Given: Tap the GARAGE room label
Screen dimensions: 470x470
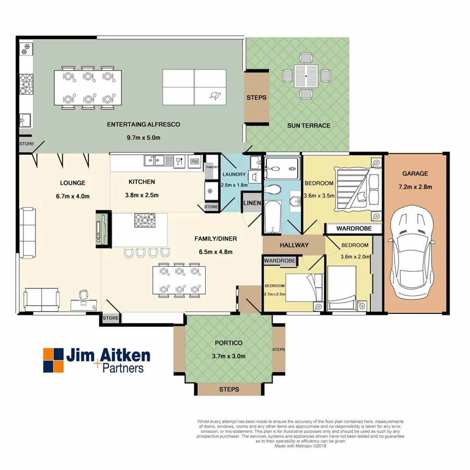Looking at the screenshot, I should pos(415,173).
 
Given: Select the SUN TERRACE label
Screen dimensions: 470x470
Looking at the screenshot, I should pos(309,125).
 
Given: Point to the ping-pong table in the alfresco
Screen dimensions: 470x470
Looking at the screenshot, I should pos(195,87).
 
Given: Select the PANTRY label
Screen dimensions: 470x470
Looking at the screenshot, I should pos(212,167).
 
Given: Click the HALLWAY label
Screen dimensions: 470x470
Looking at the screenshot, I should pos(294,245).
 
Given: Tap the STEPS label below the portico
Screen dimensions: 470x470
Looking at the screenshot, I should pos(229,390).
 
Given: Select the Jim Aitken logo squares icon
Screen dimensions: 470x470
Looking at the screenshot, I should pos(52,360).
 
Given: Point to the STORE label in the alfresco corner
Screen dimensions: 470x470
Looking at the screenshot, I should pos(26,144).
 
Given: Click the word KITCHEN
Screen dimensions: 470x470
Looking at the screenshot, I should pos(142,182).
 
